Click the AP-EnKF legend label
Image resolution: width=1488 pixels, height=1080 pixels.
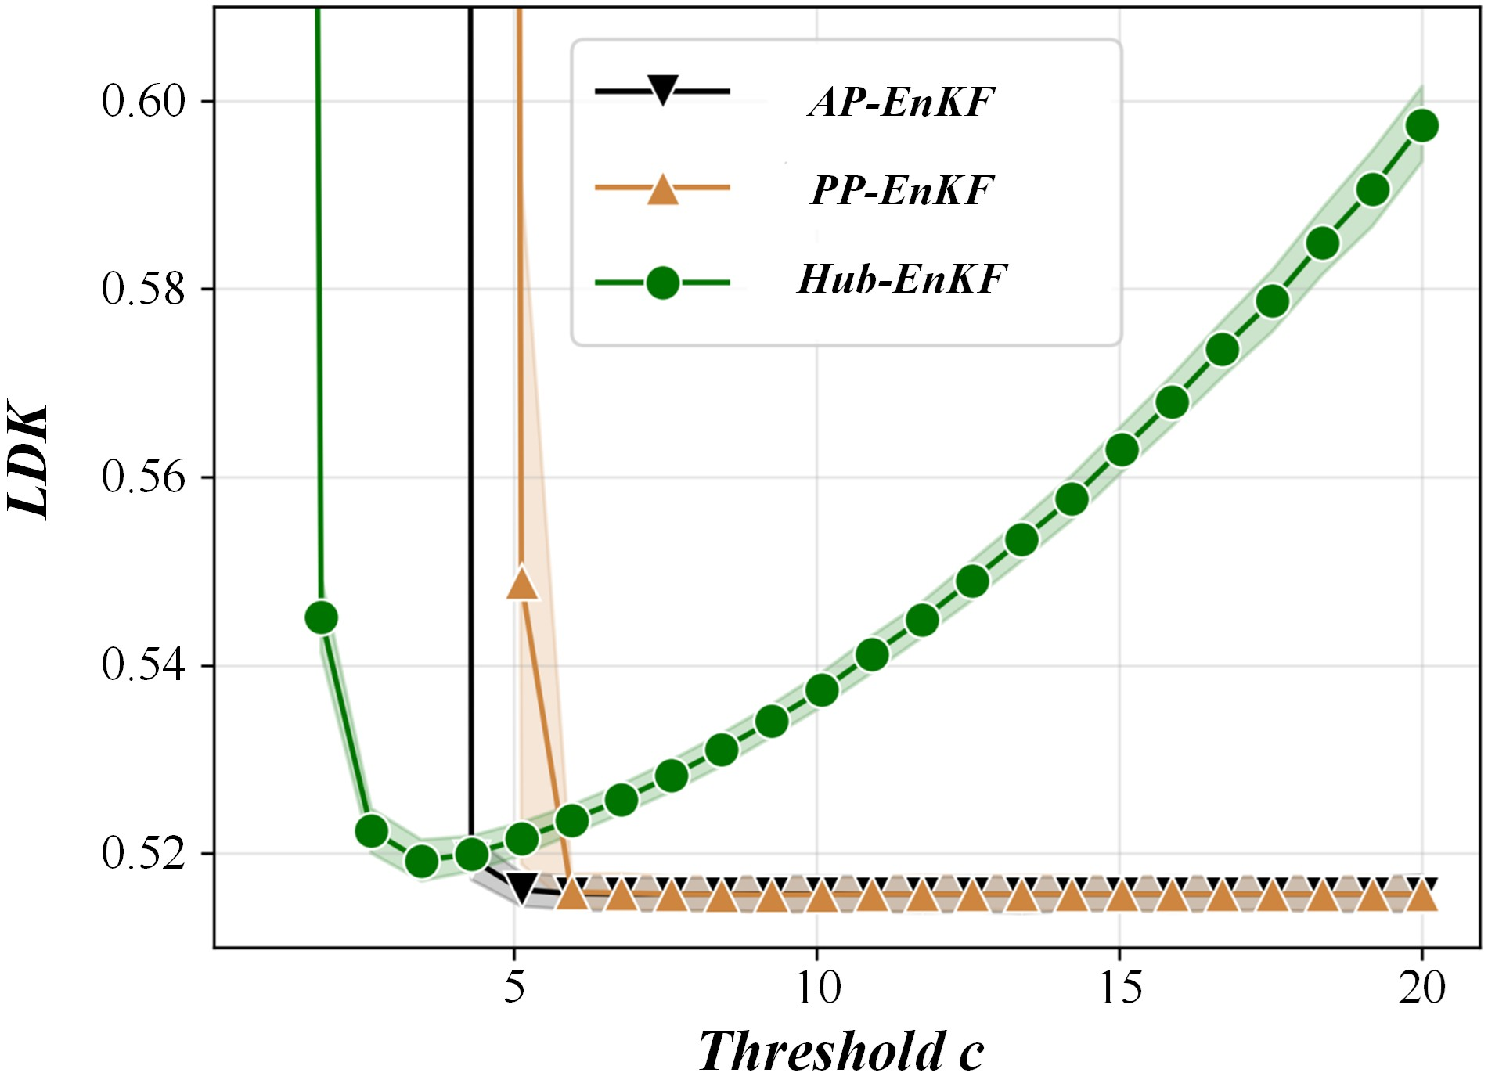coord(901,102)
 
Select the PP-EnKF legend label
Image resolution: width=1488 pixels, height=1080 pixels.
coord(902,190)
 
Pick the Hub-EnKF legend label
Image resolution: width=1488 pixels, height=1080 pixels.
coord(901,279)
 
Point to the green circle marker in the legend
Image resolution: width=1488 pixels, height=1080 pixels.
coord(662,282)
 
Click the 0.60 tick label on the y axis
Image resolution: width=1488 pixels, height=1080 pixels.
coord(143,101)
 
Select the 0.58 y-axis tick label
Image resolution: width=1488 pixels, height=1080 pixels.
coord(143,289)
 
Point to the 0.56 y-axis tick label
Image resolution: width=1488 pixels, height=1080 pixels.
coord(143,477)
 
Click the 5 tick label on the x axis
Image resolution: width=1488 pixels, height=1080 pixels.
coord(514,988)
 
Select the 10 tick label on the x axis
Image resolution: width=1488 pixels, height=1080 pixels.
coord(817,988)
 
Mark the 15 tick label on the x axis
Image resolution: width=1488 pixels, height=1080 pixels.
coord(1119,988)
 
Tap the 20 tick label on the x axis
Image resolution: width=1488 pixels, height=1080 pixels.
coord(1422,988)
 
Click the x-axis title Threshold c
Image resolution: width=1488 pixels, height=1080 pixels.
coord(841,1050)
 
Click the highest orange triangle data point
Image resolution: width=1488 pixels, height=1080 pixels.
coord(523,584)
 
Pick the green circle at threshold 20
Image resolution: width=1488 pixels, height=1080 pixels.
coord(1422,125)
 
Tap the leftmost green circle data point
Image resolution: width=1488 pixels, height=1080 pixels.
coord(321,617)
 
